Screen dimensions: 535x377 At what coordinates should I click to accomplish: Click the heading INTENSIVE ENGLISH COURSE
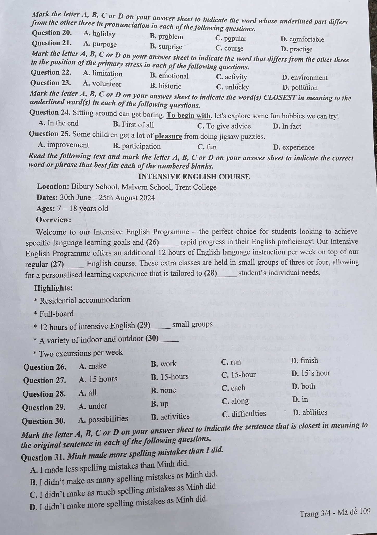(194, 177)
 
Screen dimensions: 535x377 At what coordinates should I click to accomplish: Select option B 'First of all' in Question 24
(133, 125)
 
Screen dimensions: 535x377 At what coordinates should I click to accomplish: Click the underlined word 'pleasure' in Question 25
(168, 136)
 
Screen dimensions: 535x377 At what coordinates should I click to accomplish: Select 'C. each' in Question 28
(234, 388)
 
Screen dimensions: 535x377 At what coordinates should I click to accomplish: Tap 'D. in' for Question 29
(300, 399)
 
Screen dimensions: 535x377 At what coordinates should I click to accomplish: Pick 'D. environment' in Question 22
(305, 78)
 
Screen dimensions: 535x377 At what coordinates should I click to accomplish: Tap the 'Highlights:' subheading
(53, 288)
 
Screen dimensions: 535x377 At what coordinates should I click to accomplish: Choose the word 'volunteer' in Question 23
(107, 84)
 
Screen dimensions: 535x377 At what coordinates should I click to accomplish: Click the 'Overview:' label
(53, 220)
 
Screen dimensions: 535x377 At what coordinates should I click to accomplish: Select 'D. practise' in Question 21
(297, 49)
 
